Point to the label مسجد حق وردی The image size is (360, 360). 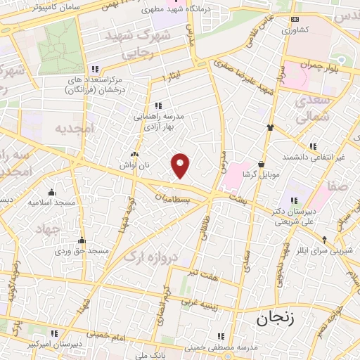click(x=83, y=250)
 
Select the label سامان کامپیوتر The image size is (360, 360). click(x=56, y=6)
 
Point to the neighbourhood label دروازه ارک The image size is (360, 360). click(x=148, y=258)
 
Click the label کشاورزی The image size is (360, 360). click(x=295, y=30)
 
